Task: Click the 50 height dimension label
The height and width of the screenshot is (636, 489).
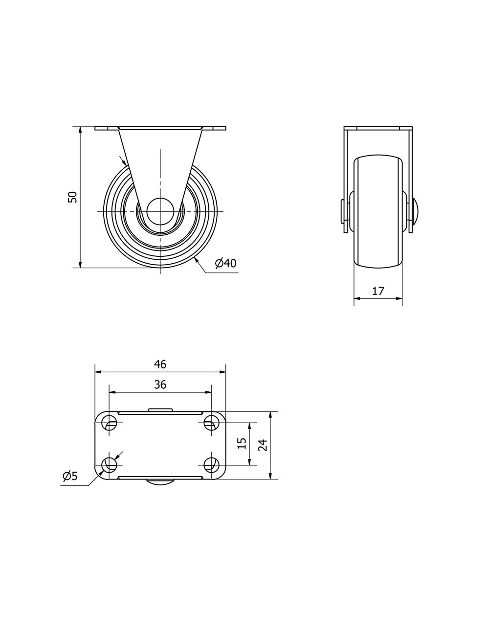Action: [x=72, y=197]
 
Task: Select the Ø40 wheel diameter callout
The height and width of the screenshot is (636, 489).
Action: [x=225, y=263]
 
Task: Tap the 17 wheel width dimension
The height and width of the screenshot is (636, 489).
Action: [x=378, y=291]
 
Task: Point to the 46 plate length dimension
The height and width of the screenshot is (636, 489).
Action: [x=160, y=364]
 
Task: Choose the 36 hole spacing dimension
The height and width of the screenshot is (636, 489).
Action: [x=160, y=385]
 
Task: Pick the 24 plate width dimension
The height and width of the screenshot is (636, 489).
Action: [x=263, y=445]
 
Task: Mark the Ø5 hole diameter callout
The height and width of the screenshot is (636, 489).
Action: [x=70, y=476]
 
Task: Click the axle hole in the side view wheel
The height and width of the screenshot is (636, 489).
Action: [x=160, y=211]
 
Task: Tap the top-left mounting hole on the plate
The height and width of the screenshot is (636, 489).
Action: [x=109, y=423]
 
